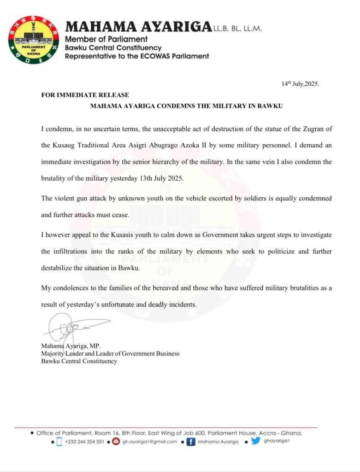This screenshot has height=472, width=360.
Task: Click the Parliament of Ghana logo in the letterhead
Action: pos(34,40)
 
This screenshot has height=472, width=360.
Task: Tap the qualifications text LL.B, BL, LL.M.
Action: pos(237,29)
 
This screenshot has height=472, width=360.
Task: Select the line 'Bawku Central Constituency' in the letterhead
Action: pos(113,47)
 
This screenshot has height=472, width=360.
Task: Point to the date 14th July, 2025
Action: pos(300,84)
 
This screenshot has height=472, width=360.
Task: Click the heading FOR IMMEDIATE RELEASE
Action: pos(85,95)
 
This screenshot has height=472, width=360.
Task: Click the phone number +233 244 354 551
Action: pos(84,442)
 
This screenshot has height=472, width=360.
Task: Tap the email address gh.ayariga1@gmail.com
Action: pos(149,442)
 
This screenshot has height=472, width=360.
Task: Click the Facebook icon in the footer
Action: pos(189,442)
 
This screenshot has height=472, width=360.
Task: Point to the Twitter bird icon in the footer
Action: pos(255,441)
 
